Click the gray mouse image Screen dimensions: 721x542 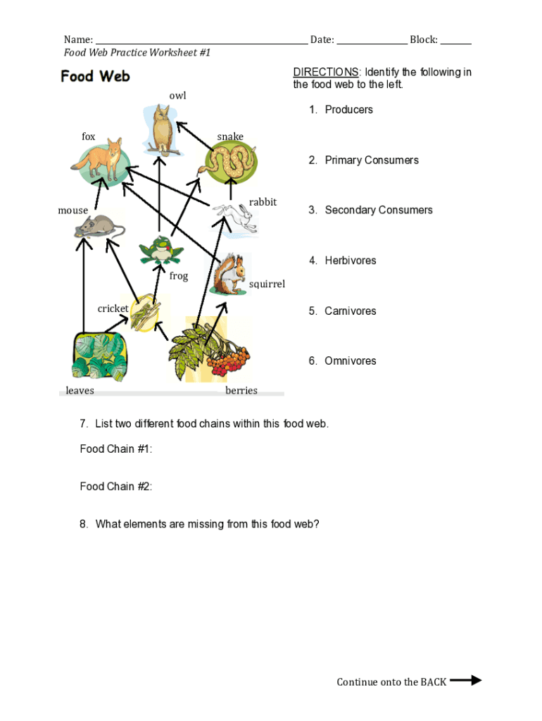tap(99, 226)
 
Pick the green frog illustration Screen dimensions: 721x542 tap(162, 251)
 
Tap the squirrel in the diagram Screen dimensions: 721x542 tap(228, 275)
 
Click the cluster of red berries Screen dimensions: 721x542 tap(227, 360)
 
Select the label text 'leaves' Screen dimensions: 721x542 tap(80, 391)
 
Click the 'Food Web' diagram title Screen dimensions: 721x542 tap(95, 76)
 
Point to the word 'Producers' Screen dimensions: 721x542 tap(348, 110)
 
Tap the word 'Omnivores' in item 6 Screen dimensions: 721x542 tap(350, 361)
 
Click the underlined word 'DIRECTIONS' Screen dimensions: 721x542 tap(326, 73)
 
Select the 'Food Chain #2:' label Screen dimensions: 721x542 tap(116, 487)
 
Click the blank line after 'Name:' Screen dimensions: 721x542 tap(201, 41)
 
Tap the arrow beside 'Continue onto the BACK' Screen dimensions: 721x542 tap(465, 680)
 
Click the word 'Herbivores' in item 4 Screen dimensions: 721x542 tap(350, 261)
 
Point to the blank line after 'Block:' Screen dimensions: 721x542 tap(455, 41)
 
